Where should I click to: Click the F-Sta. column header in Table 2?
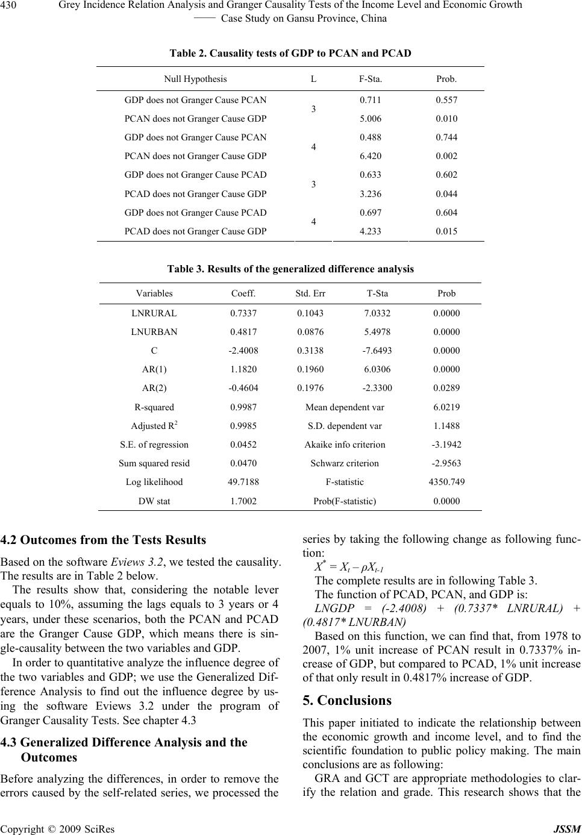[370, 79]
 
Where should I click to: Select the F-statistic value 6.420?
[370, 156]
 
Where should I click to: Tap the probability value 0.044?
[446, 194]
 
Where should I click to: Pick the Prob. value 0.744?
[446, 137]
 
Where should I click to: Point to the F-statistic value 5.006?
[370, 119]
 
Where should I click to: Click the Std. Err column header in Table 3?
[310, 294]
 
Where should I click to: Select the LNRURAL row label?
[154, 313]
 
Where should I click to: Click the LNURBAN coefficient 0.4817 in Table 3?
[243, 332]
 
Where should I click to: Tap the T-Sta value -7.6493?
[377, 351]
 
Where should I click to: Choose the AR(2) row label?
[154, 389]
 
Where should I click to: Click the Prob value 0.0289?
[446, 389]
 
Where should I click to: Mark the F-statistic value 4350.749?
[446, 482]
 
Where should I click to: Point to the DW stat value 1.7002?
[243, 501]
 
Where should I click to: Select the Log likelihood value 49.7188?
[243, 482]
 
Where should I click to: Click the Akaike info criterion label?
[345, 445]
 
